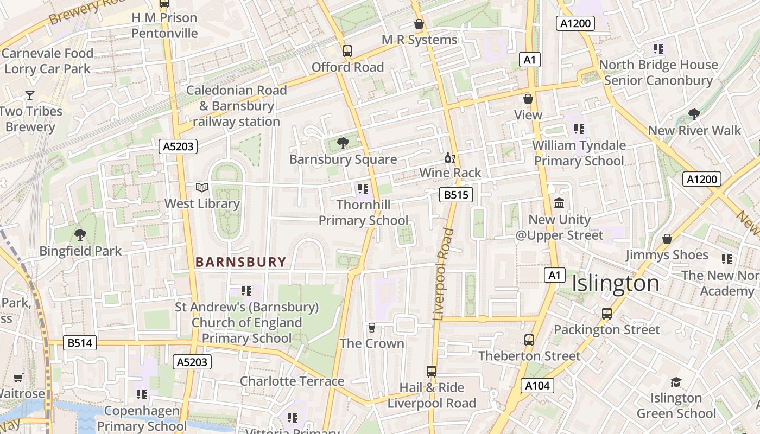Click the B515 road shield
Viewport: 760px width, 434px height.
pyautogui.click(x=455, y=195)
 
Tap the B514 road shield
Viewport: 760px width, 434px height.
pyautogui.click(x=80, y=343)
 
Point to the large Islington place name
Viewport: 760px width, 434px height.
pyautogui.click(x=616, y=283)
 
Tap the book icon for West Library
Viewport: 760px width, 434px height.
pyautogui.click(x=202, y=188)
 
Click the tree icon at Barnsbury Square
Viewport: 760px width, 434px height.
pyautogui.click(x=343, y=143)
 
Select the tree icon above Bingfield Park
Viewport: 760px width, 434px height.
pyautogui.click(x=80, y=235)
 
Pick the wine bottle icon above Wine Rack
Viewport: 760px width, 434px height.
pyautogui.click(x=449, y=158)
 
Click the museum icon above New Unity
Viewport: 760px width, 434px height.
pyautogui.click(x=559, y=204)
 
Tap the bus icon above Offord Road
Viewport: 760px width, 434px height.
pyautogui.click(x=347, y=51)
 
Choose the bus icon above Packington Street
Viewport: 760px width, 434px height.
pyautogui.click(x=607, y=314)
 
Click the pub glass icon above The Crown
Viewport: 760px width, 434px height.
pyautogui.click(x=372, y=327)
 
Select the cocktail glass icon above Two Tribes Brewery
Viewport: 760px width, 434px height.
pyautogui.click(x=30, y=95)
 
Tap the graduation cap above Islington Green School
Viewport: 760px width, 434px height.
pyautogui.click(x=676, y=382)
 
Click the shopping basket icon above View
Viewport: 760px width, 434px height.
pyautogui.click(x=528, y=99)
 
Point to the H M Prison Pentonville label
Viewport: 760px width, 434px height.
pyautogui.click(x=164, y=25)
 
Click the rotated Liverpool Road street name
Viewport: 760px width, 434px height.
pyautogui.click(x=443, y=274)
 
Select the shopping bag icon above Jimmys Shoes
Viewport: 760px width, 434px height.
pyautogui.click(x=667, y=239)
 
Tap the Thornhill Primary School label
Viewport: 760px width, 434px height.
pyautogui.click(x=363, y=213)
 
